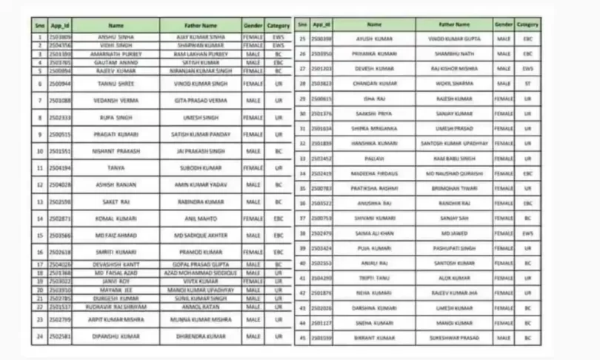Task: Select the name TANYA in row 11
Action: point(116,168)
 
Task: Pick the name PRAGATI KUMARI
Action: point(116,135)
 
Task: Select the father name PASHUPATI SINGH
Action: point(454,248)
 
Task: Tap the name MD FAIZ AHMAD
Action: point(116,235)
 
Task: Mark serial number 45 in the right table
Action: point(302,338)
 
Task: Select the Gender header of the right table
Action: point(504,24)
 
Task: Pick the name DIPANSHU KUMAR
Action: point(116,336)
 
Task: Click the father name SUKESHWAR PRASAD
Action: point(454,338)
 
